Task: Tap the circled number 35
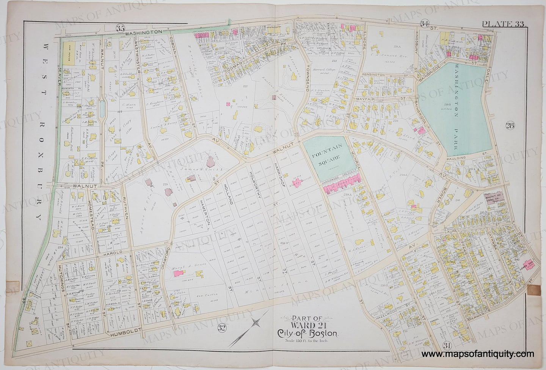(x=121, y=27)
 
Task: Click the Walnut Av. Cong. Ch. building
(x=496, y=198)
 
